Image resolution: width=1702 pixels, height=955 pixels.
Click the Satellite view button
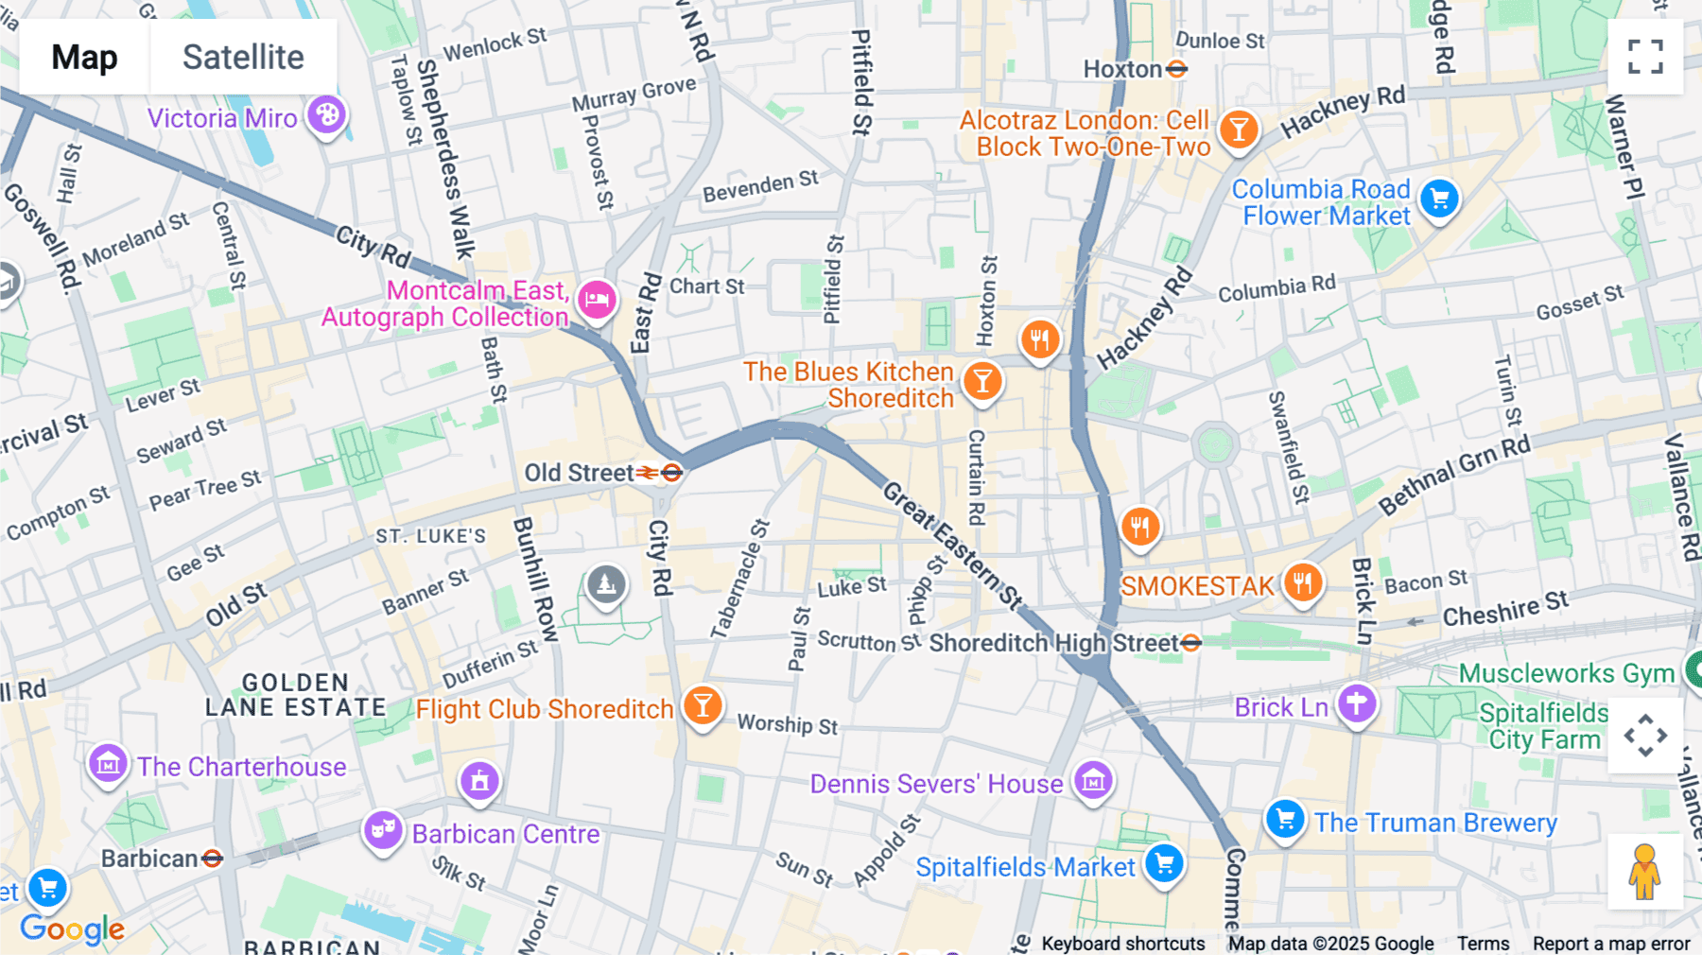pos(243,57)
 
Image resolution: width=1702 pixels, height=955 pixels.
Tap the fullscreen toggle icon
pos(1645,57)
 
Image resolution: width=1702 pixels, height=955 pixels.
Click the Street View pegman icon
pos(1644,871)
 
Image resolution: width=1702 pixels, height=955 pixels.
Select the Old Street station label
pos(579,473)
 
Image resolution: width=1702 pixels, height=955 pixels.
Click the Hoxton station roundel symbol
pos(1176,69)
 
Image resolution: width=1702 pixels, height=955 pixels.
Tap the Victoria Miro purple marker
pos(327,116)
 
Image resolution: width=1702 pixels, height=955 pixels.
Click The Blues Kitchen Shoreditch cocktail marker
pos(982,382)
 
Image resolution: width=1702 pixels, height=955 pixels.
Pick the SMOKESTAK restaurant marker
pos(1302,583)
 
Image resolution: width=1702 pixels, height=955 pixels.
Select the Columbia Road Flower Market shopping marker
pos(1439,200)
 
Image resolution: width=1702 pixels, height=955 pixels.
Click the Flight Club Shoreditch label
pos(544,709)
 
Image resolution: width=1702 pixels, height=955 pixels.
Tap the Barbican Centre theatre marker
pos(383,831)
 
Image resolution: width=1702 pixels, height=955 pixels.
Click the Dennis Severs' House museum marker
pos(1093,782)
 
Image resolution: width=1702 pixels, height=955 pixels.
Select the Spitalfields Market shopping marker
pos(1164,864)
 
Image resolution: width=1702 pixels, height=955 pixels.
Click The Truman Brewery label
pos(1434,823)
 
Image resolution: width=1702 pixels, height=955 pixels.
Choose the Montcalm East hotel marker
pos(597,301)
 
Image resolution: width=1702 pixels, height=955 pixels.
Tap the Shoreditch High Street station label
pos(1053,643)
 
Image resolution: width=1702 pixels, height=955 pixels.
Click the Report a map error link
pos(1610,943)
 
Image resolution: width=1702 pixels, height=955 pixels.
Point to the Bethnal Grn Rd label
pos(1453,476)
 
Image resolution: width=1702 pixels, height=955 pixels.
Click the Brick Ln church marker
pos(1357,704)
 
